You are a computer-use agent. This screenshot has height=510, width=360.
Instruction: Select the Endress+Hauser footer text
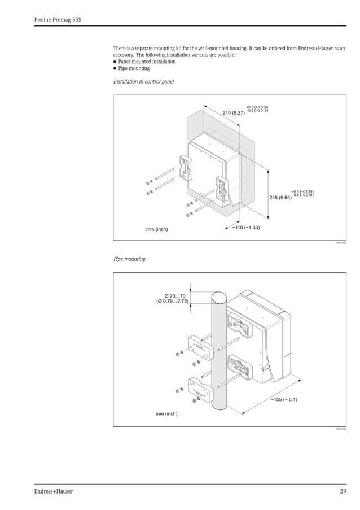pyautogui.click(x=53, y=491)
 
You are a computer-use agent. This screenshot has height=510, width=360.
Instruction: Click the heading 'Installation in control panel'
pyautogui.click(x=143, y=82)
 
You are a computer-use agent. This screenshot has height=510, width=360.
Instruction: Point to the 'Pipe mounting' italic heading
pyautogui.click(x=129, y=259)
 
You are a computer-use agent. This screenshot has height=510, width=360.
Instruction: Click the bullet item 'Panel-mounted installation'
pyautogui.click(x=147, y=62)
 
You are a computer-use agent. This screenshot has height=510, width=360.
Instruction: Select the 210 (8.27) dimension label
pyautogui.click(x=234, y=113)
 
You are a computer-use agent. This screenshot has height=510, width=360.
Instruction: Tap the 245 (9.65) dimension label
pyautogui.click(x=279, y=198)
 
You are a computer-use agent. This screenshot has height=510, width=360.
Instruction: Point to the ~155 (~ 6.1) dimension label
pyautogui.click(x=284, y=400)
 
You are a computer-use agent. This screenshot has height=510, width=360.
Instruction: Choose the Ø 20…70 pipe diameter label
pyautogui.click(x=174, y=295)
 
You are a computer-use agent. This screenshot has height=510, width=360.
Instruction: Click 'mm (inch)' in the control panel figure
pyautogui.click(x=157, y=229)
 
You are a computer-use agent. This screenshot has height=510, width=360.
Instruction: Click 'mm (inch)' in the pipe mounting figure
pyautogui.click(x=166, y=413)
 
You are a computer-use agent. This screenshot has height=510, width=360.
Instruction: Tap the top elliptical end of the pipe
pyautogui.click(x=218, y=297)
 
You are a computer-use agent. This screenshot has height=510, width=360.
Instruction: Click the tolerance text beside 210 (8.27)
pyautogui.click(x=257, y=109)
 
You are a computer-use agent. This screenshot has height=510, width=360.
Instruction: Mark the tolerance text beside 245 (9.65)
pyautogui.click(x=302, y=193)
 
